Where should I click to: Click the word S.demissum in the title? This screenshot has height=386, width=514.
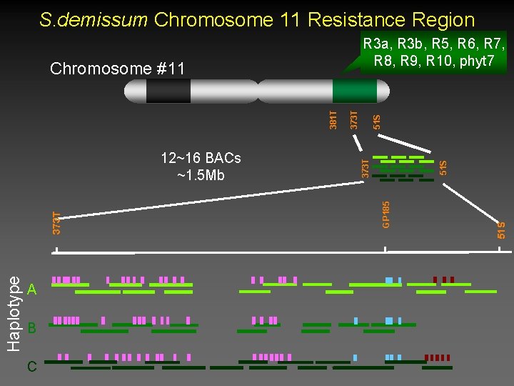click(x=93, y=20)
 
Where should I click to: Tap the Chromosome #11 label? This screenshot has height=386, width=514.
click(x=117, y=69)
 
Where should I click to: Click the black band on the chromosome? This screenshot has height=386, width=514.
click(x=168, y=91)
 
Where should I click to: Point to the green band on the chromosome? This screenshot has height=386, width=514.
click(x=353, y=91)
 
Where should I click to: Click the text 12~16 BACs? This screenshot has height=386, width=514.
click(x=201, y=157)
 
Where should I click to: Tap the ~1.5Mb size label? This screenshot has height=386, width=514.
click(x=201, y=174)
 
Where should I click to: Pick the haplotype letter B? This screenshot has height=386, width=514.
click(x=31, y=329)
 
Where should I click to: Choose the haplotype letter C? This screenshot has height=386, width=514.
click(x=31, y=367)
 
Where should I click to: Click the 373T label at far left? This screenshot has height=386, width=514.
click(x=56, y=220)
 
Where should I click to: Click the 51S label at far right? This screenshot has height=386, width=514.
click(x=502, y=229)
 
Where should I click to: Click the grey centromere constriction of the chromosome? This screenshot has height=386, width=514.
click(x=257, y=91)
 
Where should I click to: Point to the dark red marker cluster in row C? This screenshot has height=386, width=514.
click(x=437, y=357)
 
